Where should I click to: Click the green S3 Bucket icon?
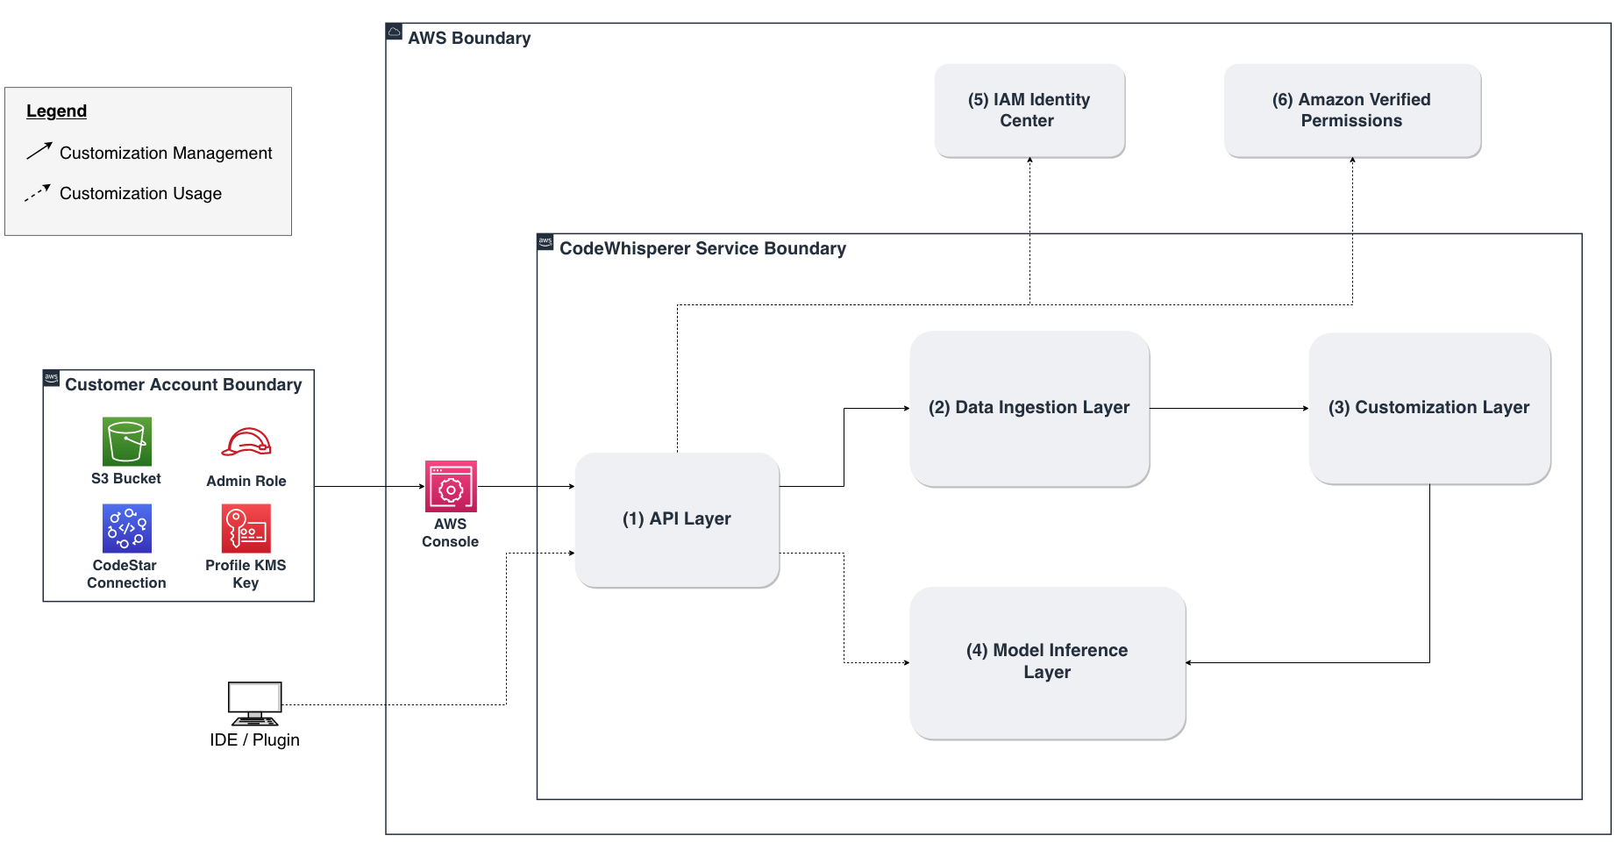point(127,441)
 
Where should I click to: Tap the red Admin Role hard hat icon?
point(246,442)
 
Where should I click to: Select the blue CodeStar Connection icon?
point(127,528)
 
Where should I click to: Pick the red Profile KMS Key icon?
point(246,528)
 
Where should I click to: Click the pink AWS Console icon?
point(451,486)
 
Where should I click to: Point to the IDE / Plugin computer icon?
point(255,703)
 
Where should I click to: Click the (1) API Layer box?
point(677,519)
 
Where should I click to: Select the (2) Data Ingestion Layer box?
point(1029,409)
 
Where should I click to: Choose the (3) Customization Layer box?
point(1429,409)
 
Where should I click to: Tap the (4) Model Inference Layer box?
point(1047,662)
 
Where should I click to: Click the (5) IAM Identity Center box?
point(1029,111)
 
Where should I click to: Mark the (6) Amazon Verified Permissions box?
point(1351,111)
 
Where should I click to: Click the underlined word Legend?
point(56,111)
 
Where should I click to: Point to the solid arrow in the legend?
point(39,151)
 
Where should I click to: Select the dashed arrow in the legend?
point(38,193)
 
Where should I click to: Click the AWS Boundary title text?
point(469,39)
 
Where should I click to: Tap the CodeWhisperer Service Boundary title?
point(702,249)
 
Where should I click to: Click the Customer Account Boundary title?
point(183,385)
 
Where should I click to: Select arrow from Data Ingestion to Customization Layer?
point(1228,408)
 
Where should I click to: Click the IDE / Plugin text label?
point(255,740)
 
